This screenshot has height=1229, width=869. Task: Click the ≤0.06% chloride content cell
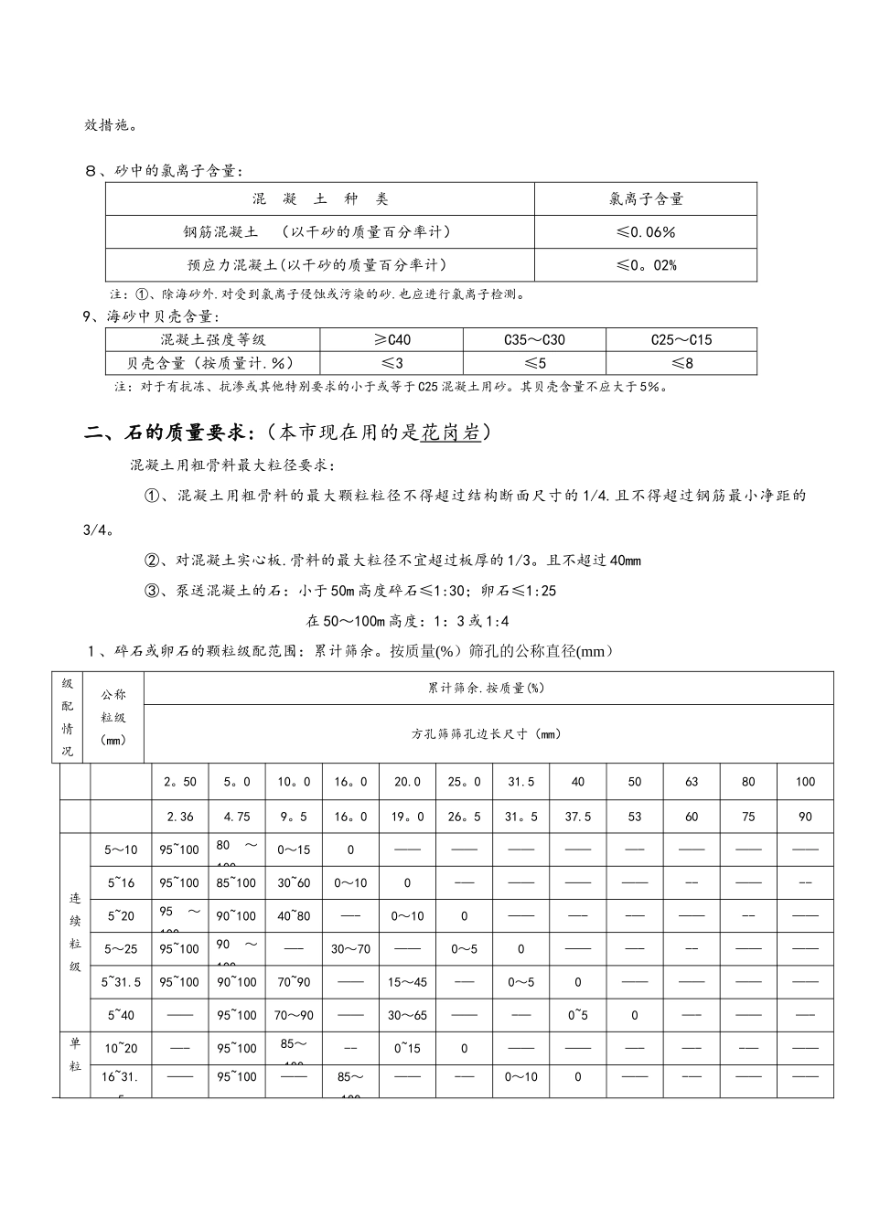646,232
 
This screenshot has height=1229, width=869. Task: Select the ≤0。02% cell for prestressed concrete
646,265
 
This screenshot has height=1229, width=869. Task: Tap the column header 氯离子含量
646,198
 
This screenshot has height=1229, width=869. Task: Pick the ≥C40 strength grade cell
392,340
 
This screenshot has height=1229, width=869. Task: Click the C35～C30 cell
534,340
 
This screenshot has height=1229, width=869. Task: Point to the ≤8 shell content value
681,363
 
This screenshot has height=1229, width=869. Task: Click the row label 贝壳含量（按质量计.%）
212,363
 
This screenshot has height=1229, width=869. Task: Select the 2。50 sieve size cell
180,782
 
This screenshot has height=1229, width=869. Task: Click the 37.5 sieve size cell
578,817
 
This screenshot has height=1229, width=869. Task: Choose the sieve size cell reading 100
805,782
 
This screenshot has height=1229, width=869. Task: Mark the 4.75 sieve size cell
237,817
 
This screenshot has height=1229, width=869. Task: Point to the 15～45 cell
407,982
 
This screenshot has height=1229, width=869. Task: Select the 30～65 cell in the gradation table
407,1015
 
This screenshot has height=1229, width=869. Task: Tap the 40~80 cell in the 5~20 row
294,916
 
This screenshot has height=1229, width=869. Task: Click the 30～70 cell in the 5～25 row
350,949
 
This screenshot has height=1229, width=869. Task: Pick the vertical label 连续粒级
75,933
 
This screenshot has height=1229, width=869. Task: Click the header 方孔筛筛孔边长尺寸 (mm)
488,733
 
